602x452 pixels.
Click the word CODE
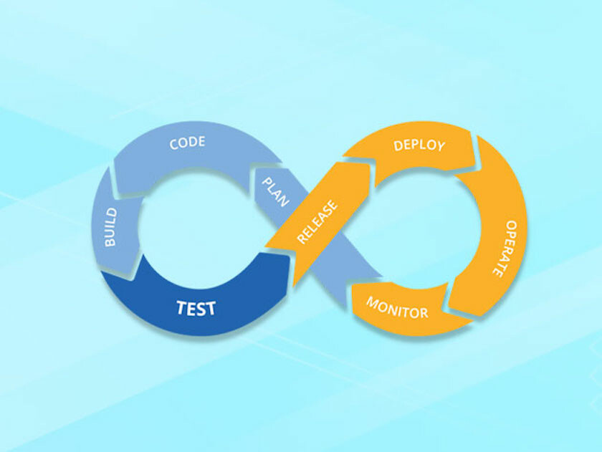click(187, 143)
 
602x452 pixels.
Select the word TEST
click(196, 309)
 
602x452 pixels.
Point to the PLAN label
click(275, 191)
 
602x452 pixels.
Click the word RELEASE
click(317, 222)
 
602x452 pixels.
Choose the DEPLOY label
click(419, 145)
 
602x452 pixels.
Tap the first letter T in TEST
click(181, 309)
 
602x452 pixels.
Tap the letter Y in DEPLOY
click(439, 146)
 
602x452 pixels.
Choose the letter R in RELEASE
click(302, 239)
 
